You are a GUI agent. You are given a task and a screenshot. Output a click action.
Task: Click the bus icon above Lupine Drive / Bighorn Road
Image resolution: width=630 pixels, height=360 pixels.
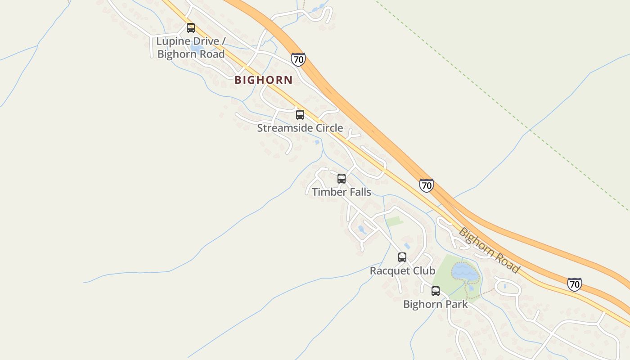tap(191, 28)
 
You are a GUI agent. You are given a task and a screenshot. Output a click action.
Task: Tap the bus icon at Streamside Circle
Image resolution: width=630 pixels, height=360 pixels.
tap(300, 114)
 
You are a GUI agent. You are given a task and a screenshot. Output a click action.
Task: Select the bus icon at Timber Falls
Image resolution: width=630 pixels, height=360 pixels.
tap(342, 179)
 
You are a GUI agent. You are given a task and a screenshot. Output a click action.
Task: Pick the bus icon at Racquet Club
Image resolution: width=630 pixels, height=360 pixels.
tap(402, 257)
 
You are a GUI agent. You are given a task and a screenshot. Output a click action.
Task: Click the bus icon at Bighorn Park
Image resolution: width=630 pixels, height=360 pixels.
tap(436, 291)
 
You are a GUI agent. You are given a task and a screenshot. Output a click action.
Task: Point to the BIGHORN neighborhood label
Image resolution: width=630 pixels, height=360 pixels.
tap(264, 80)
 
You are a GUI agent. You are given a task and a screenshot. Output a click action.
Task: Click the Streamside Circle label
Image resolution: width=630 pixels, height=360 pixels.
tap(300, 128)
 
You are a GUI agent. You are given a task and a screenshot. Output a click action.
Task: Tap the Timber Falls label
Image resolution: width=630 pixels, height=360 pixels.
tap(342, 192)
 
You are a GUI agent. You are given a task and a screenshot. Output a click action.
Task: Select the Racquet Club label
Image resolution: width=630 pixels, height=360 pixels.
tap(402, 271)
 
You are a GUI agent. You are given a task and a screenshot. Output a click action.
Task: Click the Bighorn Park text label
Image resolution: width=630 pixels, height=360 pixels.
tap(436, 304)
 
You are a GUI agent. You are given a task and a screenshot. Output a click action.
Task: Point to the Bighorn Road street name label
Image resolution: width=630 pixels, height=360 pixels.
tap(489, 251)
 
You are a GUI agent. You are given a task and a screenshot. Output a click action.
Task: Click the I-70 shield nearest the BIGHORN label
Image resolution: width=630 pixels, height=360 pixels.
tap(298, 59)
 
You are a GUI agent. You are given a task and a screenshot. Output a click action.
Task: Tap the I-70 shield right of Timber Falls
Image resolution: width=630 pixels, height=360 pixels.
tap(426, 185)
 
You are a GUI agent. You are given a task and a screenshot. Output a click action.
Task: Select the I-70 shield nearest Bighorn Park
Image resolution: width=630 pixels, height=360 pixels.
tap(574, 284)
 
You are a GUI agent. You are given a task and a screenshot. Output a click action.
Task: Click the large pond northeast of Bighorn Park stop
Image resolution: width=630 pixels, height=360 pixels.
tap(464, 271)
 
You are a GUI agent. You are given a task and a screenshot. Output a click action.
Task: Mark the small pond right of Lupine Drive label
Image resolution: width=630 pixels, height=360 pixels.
tap(197, 47)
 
